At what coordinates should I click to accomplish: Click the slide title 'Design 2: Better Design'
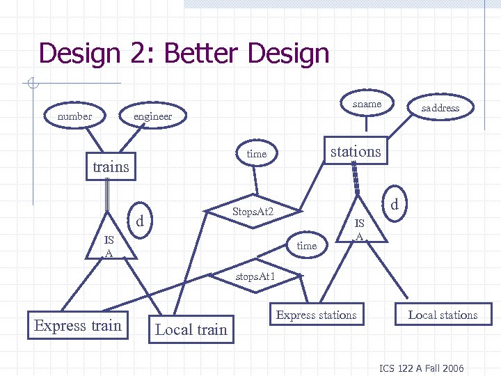[x=184, y=54]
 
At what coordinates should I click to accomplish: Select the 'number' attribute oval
[x=74, y=116]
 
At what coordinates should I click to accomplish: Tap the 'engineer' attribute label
[x=152, y=116]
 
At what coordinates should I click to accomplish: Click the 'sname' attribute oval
[x=367, y=104]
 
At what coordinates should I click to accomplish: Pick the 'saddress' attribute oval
[x=440, y=108]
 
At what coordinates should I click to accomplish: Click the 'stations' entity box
[x=355, y=152]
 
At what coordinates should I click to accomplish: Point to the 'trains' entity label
[x=111, y=166]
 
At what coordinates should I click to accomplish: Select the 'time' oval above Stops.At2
[x=257, y=154]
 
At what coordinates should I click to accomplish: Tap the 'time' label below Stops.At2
[x=306, y=246]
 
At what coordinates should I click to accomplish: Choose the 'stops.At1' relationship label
[x=255, y=276]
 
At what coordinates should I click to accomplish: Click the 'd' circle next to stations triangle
[x=394, y=205]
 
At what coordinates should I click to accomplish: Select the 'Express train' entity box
[x=78, y=326]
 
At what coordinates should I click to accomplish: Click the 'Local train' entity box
[x=191, y=329]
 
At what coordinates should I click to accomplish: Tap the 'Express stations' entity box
[x=316, y=315]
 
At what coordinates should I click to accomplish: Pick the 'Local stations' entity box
[x=443, y=315]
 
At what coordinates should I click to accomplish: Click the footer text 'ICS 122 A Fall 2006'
[x=421, y=368]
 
